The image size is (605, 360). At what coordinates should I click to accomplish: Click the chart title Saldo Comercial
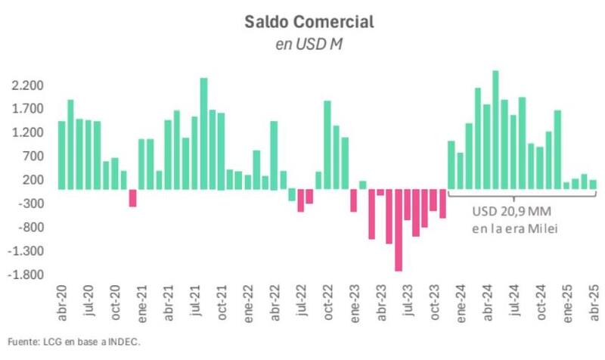pyautogui.click(x=309, y=22)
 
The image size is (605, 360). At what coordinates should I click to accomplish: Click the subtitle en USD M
pyautogui.click(x=309, y=45)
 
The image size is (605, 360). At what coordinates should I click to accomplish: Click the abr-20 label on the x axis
pyautogui.click(x=62, y=300)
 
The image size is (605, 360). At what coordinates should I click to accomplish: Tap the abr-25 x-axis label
pyautogui.click(x=593, y=300)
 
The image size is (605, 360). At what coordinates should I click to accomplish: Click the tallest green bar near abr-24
pyautogui.click(x=495, y=129)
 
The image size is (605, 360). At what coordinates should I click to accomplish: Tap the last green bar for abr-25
pyautogui.click(x=593, y=185)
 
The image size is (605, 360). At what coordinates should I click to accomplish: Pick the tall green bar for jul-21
pyautogui.click(x=203, y=133)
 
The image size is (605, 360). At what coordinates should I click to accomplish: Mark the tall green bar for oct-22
pyautogui.click(x=327, y=144)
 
